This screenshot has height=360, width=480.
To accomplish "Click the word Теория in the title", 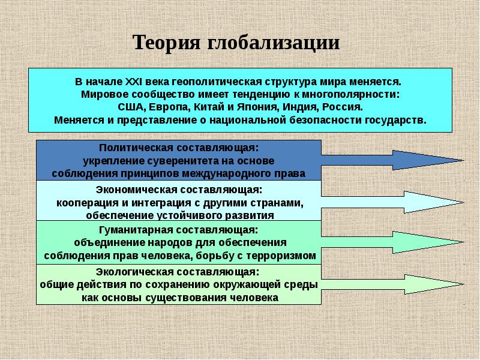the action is coord(167,42).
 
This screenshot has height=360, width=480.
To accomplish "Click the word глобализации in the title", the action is coord(274,43).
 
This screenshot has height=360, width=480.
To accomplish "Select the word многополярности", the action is coord(350,95).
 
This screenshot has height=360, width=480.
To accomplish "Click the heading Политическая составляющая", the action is coord(179,148).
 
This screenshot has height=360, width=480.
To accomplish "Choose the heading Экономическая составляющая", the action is coord(179,190).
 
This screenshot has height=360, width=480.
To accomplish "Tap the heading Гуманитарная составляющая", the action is coord(179,230).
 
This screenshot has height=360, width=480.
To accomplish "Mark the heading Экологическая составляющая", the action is coord(178,272).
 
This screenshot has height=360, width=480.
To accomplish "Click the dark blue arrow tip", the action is coord(464,160).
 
